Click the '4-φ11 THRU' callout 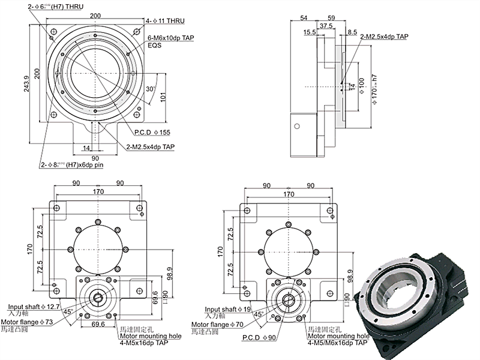(x=165, y=21)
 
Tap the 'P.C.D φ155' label (x=153, y=131)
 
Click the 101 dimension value (x=163, y=97)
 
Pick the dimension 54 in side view (x=302, y=17)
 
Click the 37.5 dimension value (x=327, y=26)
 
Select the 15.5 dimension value (x=311, y=32)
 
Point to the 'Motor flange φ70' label (x=217, y=325)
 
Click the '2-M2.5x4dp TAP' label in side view (x=385, y=37)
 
